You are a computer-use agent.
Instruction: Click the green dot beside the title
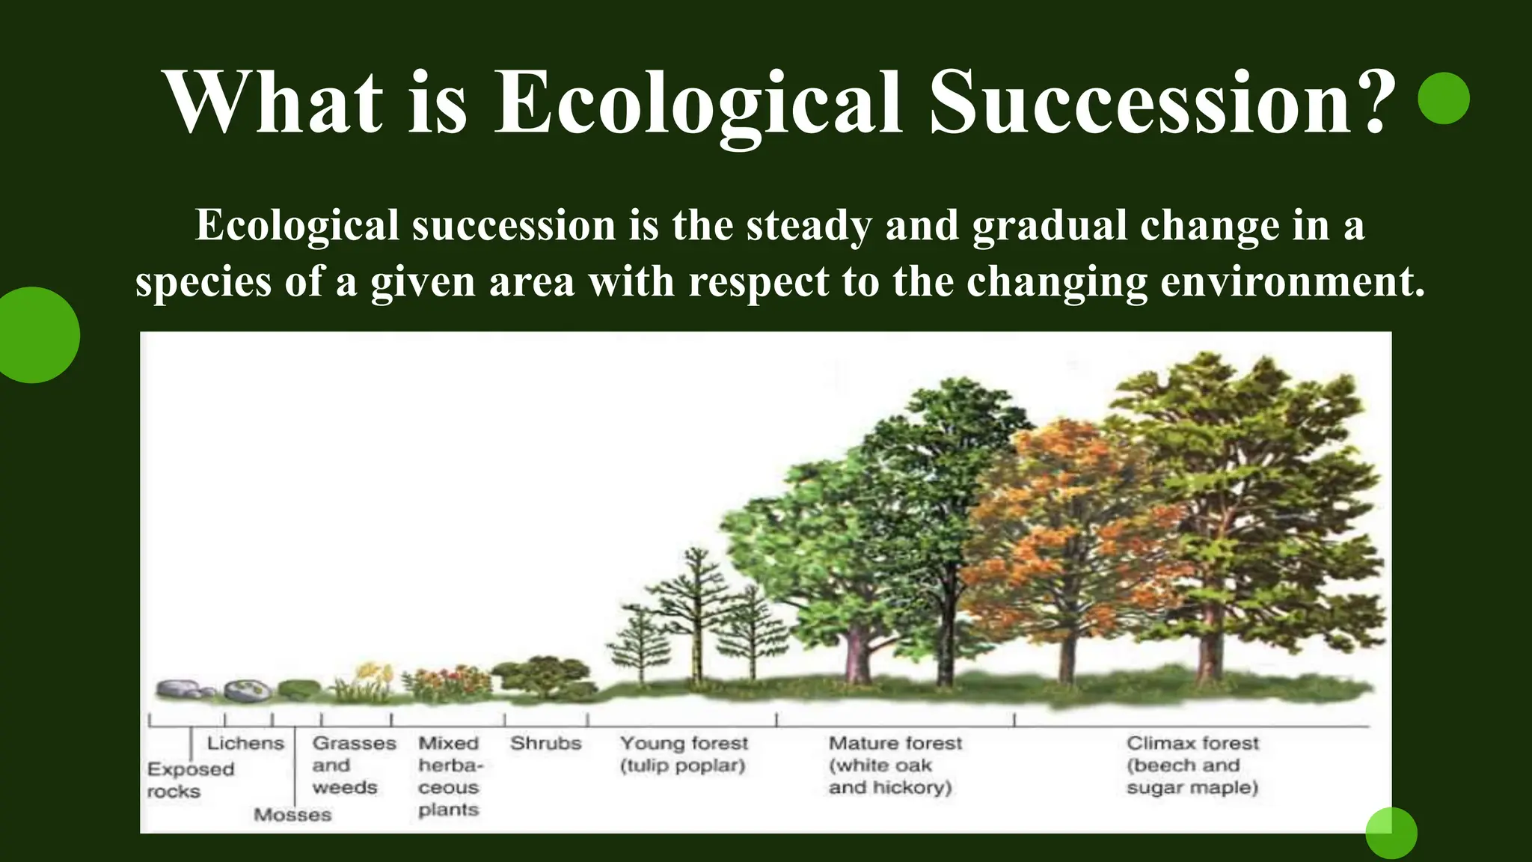click(x=1443, y=98)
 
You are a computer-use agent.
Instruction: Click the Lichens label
click(x=245, y=743)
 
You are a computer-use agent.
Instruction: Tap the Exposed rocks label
click(x=190, y=780)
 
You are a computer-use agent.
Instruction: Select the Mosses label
click(x=292, y=814)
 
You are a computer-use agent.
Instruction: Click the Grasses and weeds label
click(x=353, y=765)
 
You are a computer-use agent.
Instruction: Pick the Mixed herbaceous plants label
click(x=450, y=776)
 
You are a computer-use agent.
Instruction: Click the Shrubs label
click(x=545, y=743)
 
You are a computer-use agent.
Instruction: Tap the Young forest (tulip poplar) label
click(x=683, y=754)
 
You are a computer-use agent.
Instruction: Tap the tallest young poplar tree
click(x=697, y=599)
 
